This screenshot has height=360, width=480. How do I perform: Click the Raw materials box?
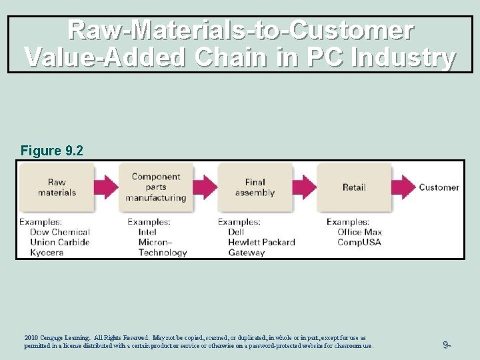[x=57, y=187]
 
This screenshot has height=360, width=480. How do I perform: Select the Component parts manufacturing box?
[x=155, y=187]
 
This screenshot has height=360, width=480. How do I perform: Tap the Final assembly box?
[x=255, y=187]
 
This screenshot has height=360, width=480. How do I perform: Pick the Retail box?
[x=353, y=187]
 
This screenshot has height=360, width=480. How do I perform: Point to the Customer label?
[x=439, y=187]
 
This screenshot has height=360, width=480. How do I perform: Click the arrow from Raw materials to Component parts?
[x=106, y=187]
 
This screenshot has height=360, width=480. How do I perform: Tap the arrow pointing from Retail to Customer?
[x=403, y=187]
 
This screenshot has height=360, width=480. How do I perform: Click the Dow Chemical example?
[x=60, y=232]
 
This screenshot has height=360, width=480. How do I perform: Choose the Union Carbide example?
[x=59, y=242]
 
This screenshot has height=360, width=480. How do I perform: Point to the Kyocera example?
[x=47, y=253]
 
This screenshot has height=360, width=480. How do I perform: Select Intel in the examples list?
[x=147, y=232]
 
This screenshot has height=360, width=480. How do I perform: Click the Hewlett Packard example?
[x=261, y=242]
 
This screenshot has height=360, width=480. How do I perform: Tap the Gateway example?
[x=246, y=253]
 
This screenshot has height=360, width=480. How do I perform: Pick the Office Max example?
[x=359, y=232]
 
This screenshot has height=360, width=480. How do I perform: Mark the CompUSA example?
[x=359, y=242]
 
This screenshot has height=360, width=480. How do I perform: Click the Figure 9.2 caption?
[x=52, y=151]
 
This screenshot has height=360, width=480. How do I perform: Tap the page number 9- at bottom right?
[x=447, y=345]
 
